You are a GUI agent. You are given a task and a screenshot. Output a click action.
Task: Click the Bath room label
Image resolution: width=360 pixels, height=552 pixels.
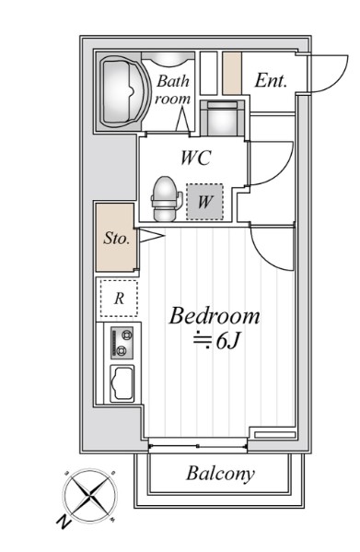click(173, 89)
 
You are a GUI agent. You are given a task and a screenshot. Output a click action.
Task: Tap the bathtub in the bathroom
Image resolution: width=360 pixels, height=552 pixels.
click(122, 91)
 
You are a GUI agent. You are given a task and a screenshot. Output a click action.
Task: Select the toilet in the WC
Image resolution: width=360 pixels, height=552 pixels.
click(166, 199)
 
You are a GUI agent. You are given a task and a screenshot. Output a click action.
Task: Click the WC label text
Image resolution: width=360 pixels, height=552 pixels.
click(196, 158)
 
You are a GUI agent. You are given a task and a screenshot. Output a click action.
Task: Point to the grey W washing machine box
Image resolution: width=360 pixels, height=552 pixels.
click(204, 202)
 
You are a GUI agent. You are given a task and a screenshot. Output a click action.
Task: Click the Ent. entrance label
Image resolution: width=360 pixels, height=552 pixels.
click(271, 80)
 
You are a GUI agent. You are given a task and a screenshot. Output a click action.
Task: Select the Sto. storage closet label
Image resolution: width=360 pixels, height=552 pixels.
click(116, 239)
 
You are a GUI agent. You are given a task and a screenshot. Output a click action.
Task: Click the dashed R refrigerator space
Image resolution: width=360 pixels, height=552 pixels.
click(119, 299)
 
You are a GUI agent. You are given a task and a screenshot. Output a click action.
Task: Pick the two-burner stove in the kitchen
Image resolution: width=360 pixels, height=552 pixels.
click(122, 343)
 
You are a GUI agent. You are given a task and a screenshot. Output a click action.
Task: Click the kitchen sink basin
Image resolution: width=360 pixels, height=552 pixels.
click(122, 383)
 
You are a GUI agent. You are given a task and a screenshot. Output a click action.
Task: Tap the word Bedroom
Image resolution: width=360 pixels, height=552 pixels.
click(215, 316)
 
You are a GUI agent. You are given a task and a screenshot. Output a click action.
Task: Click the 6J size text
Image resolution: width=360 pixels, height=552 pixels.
click(227, 341)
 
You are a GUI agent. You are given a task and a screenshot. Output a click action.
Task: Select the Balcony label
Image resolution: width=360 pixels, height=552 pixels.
click(220, 474)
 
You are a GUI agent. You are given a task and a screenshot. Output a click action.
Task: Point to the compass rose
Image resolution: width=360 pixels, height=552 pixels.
click(90, 496)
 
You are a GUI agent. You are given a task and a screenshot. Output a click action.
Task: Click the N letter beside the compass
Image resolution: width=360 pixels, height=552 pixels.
click(64, 523)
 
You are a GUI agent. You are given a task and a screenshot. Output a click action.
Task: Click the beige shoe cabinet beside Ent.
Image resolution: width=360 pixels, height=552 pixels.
click(232, 74)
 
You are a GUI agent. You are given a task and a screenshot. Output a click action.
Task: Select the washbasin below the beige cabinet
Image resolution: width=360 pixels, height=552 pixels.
click(222, 118)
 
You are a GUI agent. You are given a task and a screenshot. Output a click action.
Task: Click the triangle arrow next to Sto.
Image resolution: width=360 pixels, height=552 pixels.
click(150, 236)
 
